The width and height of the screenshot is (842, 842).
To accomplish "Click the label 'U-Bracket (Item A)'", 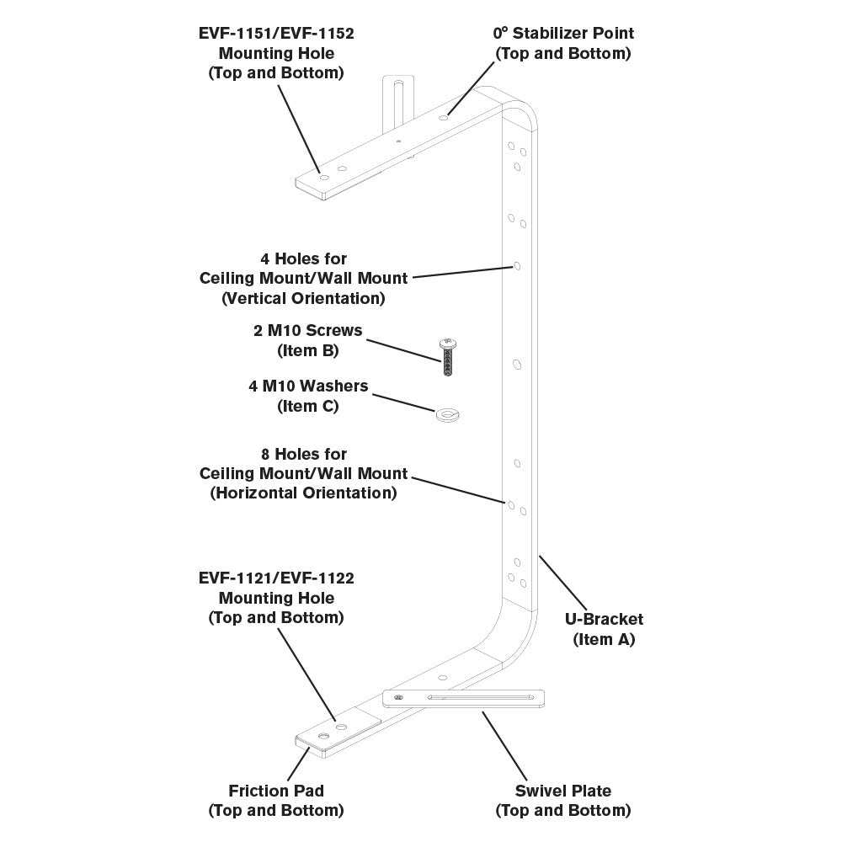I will [603, 629].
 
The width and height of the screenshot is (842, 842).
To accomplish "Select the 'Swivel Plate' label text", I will [562, 791].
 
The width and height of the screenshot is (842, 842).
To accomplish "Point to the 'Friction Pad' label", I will [276, 791].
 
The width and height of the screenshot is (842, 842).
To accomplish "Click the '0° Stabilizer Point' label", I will [563, 34].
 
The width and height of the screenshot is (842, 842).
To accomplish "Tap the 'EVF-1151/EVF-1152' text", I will [276, 34].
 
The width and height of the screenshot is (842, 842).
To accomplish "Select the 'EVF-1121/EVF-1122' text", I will [276, 578].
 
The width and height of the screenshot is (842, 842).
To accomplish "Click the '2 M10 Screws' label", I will [308, 331].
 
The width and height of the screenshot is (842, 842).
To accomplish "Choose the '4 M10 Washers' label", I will [308, 386].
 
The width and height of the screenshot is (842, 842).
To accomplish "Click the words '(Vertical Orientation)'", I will [303, 298].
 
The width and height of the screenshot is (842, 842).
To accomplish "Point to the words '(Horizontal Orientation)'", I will [303, 493].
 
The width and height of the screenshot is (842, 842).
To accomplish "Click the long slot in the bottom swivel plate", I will [480, 697].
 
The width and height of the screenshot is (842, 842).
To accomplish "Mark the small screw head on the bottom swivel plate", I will [399, 697].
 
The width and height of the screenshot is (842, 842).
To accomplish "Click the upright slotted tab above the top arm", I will [397, 101].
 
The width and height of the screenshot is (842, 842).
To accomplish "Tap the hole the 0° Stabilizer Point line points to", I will [443, 120].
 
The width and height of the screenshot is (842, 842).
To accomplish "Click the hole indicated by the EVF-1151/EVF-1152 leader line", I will [324, 177].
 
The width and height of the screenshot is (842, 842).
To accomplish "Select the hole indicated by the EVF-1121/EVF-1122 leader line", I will [341, 725].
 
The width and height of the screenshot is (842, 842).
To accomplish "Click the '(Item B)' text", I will [308, 351].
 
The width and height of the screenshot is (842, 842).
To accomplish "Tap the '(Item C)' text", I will [308, 406].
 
